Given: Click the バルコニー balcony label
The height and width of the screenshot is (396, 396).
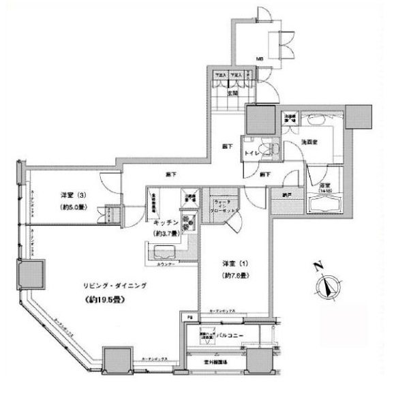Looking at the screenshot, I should pyautogui.click(x=231, y=335).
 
